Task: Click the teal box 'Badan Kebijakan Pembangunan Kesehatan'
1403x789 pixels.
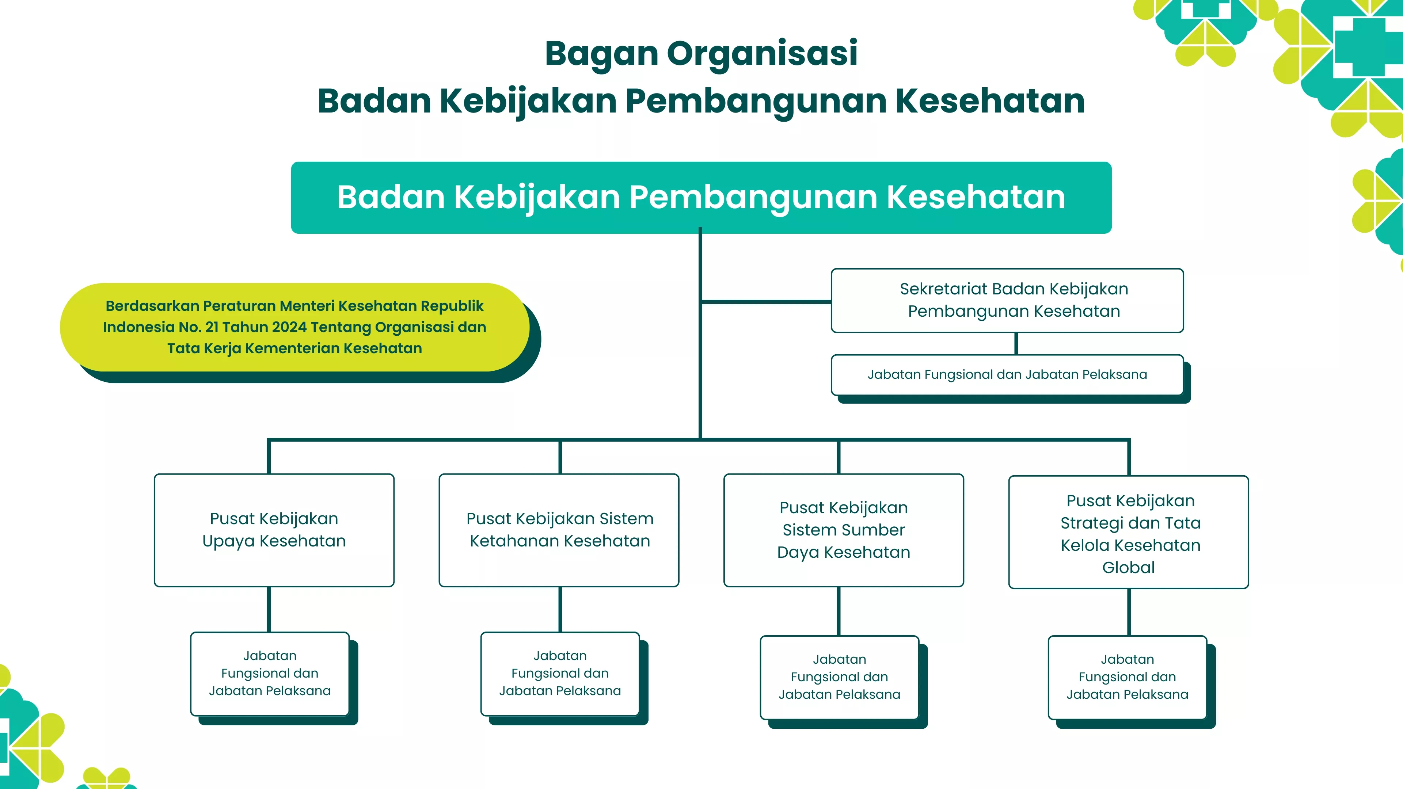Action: (x=701, y=198)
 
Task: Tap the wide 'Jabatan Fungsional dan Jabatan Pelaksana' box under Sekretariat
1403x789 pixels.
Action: (x=1007, y=375)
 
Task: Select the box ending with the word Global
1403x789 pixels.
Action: (x=1129, y=532)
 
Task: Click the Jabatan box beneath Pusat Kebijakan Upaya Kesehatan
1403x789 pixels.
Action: (x=270, y=674)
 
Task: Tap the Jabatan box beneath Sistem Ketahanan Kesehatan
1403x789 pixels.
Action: (x=560, y=674)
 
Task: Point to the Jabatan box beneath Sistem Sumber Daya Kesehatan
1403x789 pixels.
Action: (x=839, y=677)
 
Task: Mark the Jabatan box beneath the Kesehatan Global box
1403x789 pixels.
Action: (x=1128, y=677)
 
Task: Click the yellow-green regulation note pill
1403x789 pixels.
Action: (x=294, y=327)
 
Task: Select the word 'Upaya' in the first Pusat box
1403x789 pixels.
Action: (x=228, y=542)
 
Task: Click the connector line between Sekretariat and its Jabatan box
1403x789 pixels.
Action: (x=1016, y=344)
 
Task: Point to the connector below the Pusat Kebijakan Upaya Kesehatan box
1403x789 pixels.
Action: (x=269, y=609)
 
